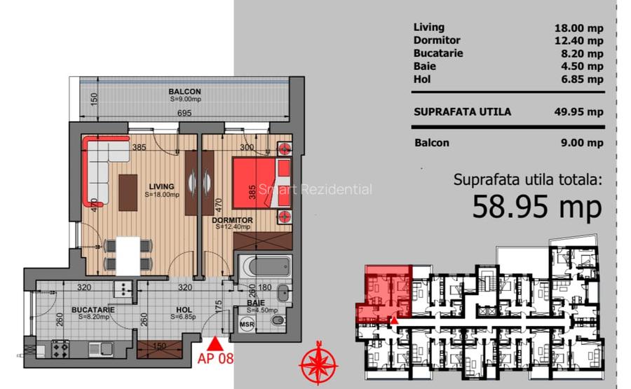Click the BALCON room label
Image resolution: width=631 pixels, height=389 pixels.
(x=184, y=92)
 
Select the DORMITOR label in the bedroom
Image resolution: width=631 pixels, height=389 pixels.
(x=232, y=219)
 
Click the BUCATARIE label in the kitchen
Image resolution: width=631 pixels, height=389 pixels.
(x=93, y=309)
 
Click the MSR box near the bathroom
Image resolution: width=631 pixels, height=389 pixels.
(x=246, y=325)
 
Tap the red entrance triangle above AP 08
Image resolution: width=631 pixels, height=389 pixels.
(x=217, y=343)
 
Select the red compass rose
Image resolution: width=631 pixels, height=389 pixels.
(x=318, y=364)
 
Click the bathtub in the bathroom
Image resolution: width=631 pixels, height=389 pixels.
(x=264, y=268)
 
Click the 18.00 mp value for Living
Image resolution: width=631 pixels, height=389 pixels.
(x=578, y=28)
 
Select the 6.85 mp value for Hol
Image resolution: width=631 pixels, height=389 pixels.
(x=582, y=79)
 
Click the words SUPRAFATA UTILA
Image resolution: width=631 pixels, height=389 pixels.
(x=462, y=111)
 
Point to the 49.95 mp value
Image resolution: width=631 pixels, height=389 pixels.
(x=578, y=111)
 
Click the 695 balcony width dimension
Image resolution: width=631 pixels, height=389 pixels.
(x=184, y=113)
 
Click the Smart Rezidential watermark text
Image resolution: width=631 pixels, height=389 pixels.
(x=315, y=189)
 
